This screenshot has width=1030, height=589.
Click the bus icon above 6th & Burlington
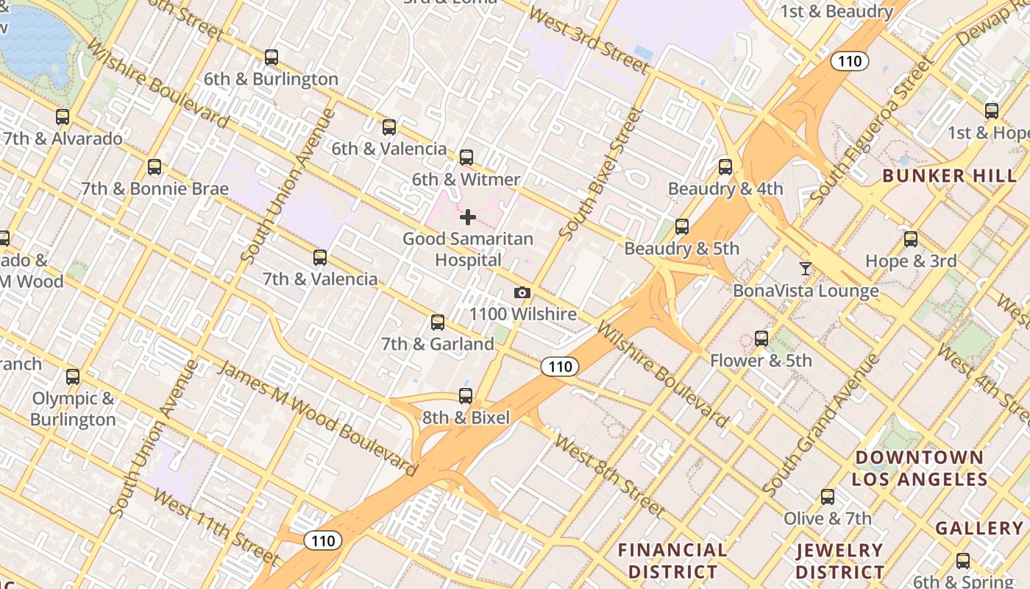[x=271, y=57]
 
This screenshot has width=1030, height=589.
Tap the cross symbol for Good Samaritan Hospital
[x=467, y=217]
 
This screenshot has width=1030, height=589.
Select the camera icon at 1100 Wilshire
[x=522, y=293]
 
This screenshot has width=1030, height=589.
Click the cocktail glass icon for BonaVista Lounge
[x=806, y=269]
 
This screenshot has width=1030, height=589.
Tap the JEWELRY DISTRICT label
[x=839, y=560]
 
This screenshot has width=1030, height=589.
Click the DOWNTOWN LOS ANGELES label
[x=920, y=468]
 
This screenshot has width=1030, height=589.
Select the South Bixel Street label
[x=601, y=174]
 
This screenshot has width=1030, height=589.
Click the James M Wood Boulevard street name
[x=318, y=417]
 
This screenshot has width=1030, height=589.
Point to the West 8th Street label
[x=609, y=475]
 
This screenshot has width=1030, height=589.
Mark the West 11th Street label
[x=216, y=526]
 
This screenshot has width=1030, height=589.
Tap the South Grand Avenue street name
[x=821, y=424]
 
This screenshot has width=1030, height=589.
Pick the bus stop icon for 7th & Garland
[x=438, y=322]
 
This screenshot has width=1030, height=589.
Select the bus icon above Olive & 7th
[x=828, y=497]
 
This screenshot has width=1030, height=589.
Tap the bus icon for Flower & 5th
[x=761, y=339]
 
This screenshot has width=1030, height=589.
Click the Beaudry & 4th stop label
[x=725, y=188]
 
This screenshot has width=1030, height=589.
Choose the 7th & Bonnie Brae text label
[x=154, y=188]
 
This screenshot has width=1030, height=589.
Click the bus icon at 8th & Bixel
[x=466, y=396]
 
